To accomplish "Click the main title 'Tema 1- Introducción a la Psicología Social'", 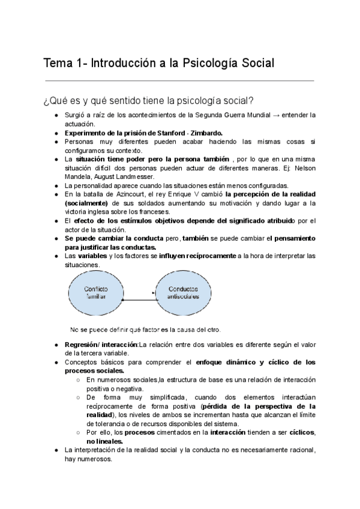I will pyautogui.click(x=159, y=62).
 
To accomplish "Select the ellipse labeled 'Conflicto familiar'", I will pyautogui.click(x=95, y=293).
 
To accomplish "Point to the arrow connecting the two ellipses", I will pyautogui.click(x=138, y=294).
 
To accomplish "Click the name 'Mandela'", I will pyautogui.click(x=77, y=176).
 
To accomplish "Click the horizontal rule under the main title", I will pyautogui.click(x=179, y=80).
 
